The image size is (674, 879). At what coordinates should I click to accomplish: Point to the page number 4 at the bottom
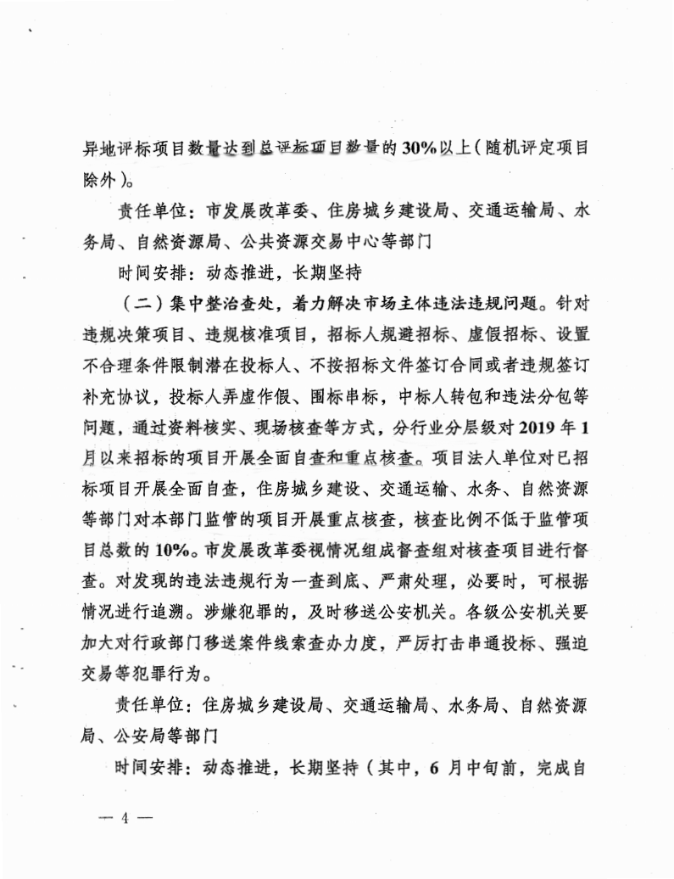pyautogui.click(x=125, y=820)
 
